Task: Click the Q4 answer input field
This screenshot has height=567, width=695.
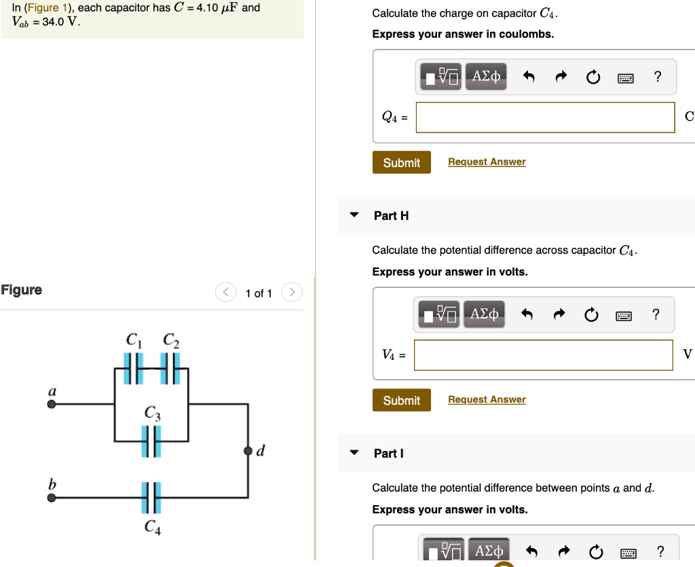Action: (545, 117)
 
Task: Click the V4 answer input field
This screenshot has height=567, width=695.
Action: (543, 354)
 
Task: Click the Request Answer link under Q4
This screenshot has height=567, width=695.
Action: (487, 162)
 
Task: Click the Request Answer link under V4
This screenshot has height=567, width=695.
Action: (487, 399)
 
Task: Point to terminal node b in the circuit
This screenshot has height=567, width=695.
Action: (52, 498)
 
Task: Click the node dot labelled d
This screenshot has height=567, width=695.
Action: (248, 451)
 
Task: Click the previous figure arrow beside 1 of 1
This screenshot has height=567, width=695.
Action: (225, 293)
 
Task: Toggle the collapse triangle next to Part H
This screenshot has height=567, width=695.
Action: (354, 215)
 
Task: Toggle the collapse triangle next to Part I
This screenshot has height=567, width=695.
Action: (354, 453)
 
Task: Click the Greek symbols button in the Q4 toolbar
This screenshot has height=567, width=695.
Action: (486, 77)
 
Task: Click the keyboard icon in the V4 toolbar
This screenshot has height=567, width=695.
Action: (625, 315)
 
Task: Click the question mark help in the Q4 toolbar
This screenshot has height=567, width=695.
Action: (656, 77)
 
